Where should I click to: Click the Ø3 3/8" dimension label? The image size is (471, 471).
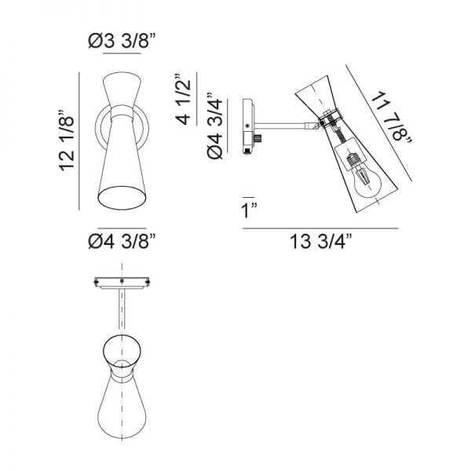(122, 41)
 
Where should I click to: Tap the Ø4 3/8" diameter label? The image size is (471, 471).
(122, 241)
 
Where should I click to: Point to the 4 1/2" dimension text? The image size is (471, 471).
(183, 99)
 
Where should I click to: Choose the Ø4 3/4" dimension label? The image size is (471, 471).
(215, 126)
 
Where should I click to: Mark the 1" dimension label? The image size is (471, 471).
(250, 210)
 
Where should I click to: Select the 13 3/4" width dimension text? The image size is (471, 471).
(321, 241)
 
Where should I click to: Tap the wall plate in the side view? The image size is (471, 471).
(248, 126)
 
